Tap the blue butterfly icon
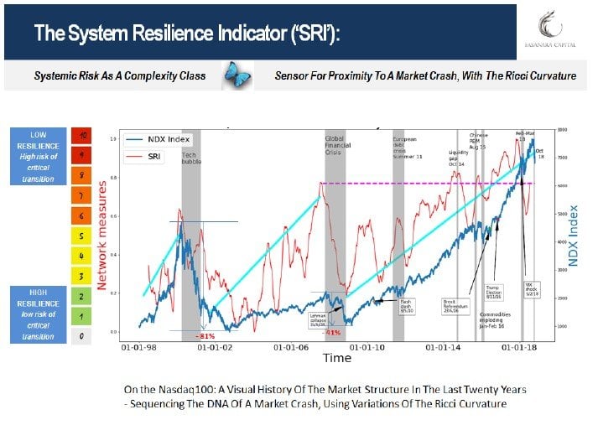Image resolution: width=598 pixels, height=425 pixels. (237, 76)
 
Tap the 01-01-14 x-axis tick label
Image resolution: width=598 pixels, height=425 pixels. (445, 346)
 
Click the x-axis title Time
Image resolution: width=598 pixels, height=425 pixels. (337, 358)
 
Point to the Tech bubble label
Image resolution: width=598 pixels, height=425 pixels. (192, 158)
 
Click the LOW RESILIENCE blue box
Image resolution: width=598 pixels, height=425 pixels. (39, 156)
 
